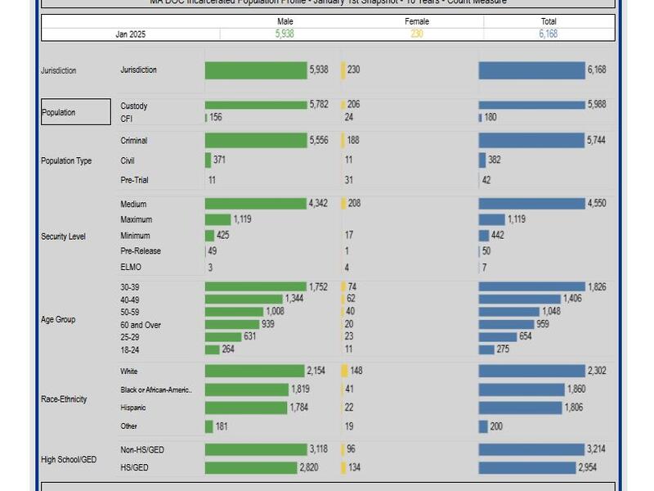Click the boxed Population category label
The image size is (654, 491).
tap(75, 112)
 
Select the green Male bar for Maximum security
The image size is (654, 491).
tap(217, 219)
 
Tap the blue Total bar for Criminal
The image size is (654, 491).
tap(531, 141)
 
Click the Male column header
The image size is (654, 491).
tap(285, 21)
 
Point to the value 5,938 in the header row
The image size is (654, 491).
tap(285, 34)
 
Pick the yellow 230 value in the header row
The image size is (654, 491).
tap(416, 34)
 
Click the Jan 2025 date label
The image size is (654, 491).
tap(130, 34)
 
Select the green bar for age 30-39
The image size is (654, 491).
tap(255, 286)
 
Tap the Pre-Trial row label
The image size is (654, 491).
tap(134, 180)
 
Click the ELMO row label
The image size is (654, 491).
tap(130, 267)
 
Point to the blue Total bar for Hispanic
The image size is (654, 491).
tap(520, 408)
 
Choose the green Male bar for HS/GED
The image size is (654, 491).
tap(250, 468)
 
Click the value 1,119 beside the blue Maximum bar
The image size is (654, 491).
tap(516, 219)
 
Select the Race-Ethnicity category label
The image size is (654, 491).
tap(64, 399)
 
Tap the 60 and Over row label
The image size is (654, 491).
tap(141, 325)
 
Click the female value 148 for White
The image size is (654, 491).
tap(356, 371)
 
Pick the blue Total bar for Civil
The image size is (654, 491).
tap(482, 160)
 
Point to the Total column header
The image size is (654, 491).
tap(549, 21)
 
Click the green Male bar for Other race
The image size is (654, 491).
tap(209, 426)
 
